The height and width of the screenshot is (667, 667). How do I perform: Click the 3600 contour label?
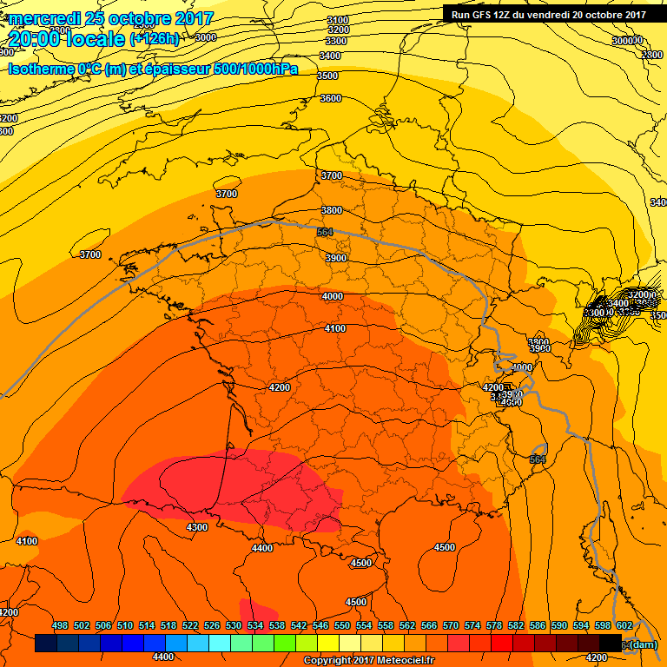331,98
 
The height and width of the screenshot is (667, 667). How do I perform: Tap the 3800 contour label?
331,210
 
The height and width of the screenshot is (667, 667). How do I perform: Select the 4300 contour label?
197,527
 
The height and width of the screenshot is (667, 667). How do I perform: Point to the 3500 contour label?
327,76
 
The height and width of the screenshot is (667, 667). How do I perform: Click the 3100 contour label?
338,20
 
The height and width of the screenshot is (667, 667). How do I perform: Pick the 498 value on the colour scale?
60,625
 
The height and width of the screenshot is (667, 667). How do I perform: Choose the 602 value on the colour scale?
624,625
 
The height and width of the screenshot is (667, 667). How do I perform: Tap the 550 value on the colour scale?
342,625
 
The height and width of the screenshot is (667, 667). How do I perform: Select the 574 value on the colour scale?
472,625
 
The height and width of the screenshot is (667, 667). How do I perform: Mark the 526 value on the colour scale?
212,625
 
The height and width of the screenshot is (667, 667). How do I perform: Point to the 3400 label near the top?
330,56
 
